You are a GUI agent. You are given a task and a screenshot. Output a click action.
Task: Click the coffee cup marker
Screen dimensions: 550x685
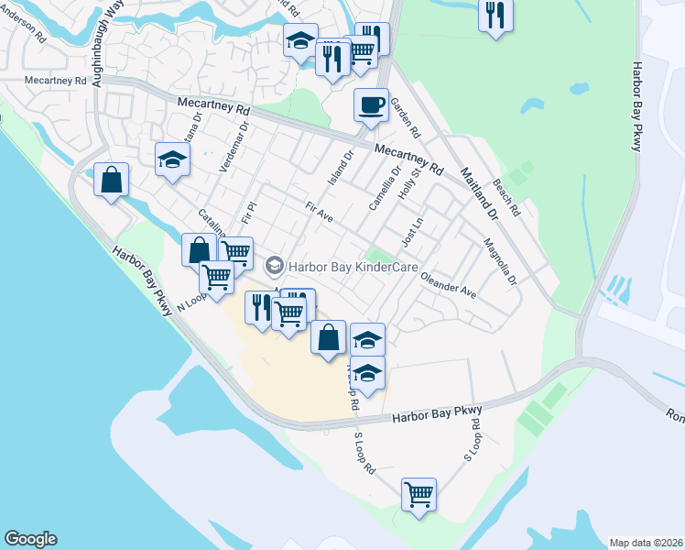pos(371,105)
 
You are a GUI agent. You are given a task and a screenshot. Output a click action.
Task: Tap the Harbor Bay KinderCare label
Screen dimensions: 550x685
pos(345,267)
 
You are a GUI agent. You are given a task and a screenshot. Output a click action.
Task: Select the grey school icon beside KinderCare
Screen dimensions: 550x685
pos(274,267)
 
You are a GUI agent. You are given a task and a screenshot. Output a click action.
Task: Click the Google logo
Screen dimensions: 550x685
pos(30,539)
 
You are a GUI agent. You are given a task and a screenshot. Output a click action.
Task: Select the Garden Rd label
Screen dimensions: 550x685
pos(405,115)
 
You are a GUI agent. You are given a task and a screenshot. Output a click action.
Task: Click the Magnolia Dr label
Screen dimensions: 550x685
pos(500,262)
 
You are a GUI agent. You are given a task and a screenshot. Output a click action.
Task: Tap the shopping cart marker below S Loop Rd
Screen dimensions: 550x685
pos(419,494)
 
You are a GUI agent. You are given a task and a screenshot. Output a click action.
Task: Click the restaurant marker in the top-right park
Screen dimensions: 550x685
pos(495,16)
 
